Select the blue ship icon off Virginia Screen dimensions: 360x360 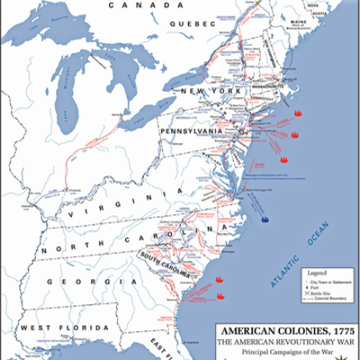pos(265,216)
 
